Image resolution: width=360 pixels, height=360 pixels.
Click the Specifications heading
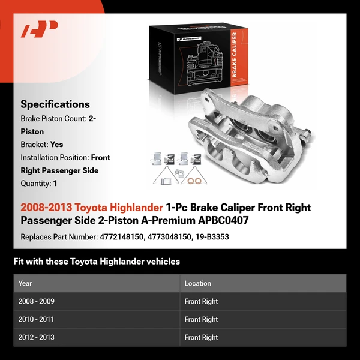click(55, 104)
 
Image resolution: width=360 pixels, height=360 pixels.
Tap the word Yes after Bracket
click(57, 145)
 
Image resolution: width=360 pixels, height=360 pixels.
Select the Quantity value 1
click(55, 184)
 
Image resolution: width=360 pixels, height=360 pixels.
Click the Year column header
click(25, 283)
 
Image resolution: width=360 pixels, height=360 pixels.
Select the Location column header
click(198, 283)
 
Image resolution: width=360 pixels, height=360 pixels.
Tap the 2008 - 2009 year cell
click(37, 301)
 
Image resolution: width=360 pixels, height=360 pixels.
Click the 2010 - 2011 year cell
click(37, 319)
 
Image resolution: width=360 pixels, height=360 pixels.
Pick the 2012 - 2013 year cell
click(37, 337)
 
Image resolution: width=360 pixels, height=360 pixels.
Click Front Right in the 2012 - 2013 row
click(201, 337)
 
